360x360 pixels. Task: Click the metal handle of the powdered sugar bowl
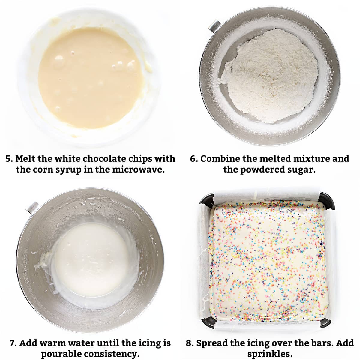point(214,26)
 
